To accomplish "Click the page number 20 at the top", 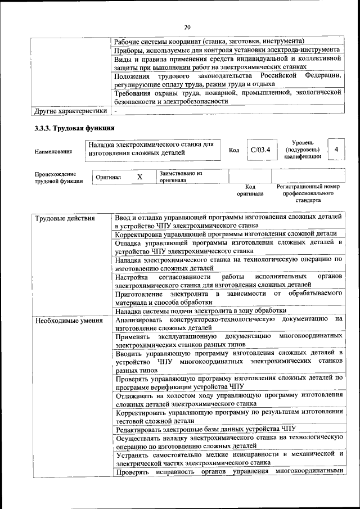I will (187, 26).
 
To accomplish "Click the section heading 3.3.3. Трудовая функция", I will (71, 128).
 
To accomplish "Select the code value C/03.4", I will (260, 150).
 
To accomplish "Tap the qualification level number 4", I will (336, 150).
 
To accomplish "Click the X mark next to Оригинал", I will (139, 177).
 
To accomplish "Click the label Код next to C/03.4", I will (234, 150).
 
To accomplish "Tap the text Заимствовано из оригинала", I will (181, 177).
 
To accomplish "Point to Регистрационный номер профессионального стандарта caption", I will (308, 193).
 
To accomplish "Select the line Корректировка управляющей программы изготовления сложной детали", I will (226, 233).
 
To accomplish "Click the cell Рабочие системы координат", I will (209, 41).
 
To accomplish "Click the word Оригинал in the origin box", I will (109, 177).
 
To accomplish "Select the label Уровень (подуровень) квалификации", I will (303, 150).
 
